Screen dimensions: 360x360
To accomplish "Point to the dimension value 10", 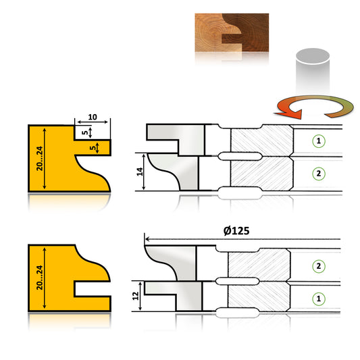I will [93, 118].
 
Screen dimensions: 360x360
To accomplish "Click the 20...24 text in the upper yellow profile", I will [40, 158].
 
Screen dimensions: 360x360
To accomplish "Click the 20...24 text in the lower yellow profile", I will [40, 277].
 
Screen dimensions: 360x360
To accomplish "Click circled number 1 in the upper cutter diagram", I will [317, 141].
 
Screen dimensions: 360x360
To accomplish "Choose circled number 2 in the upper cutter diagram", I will [317, 174].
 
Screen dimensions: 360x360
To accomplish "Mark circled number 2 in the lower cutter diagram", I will [317, 265].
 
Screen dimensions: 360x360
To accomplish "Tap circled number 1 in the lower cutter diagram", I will [317, 297].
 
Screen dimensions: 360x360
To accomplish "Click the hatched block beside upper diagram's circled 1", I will [262, 142].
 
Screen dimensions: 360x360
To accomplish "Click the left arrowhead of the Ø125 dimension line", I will [147, 238].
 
